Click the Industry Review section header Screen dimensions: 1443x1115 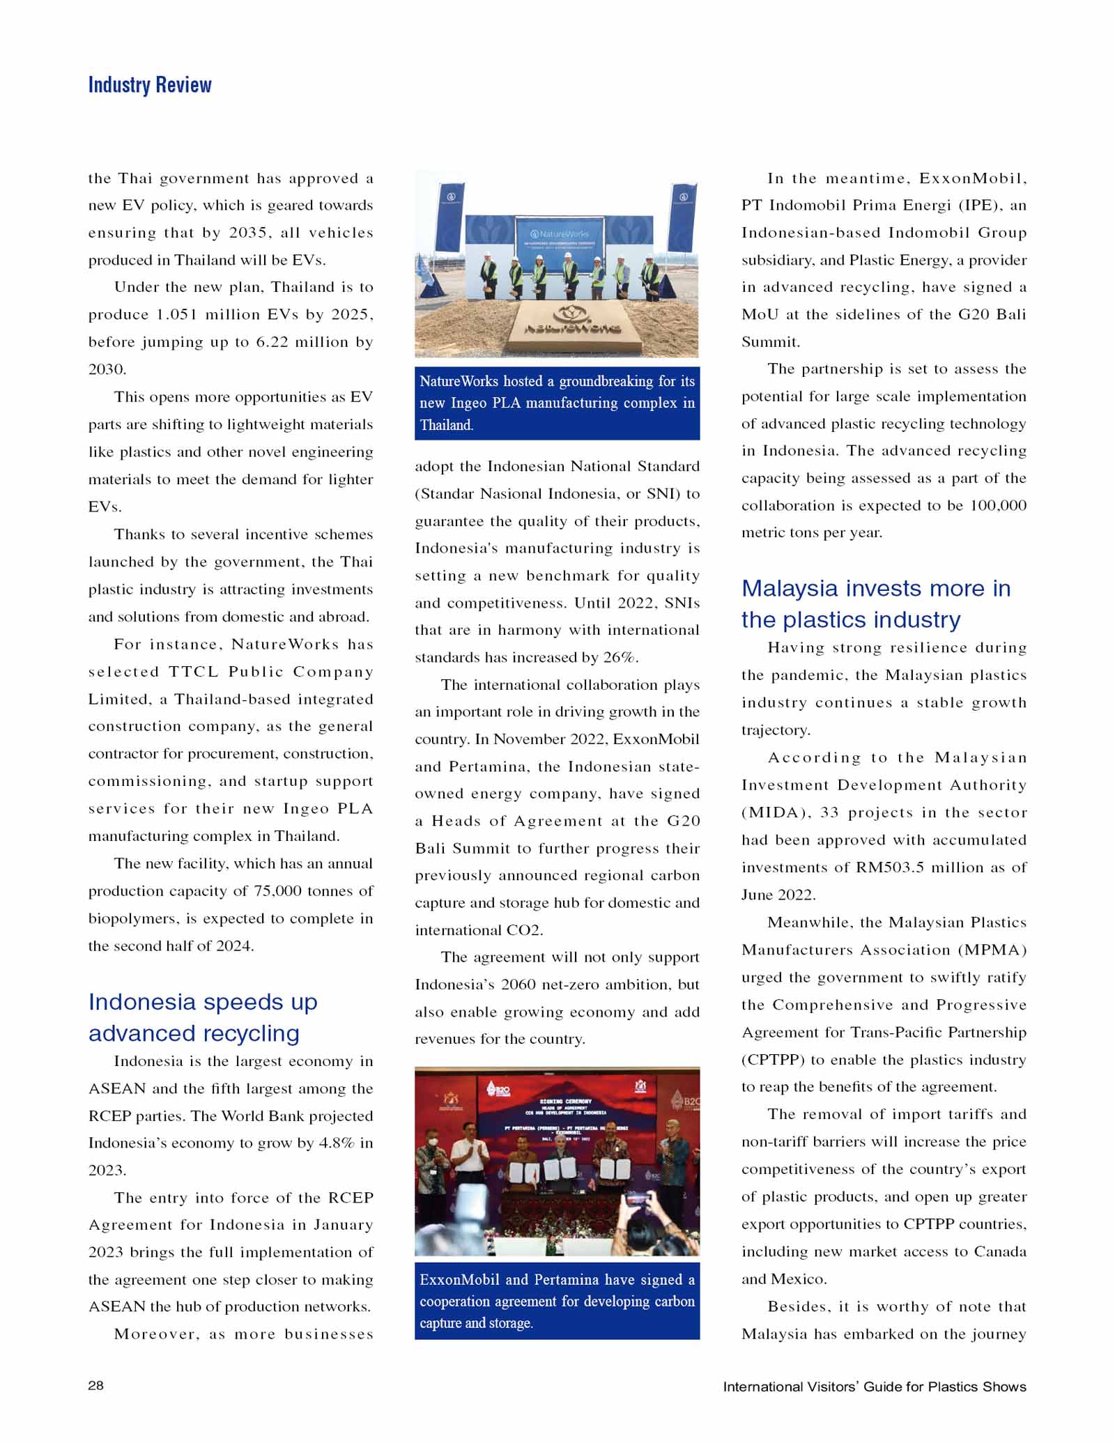click(150, 85)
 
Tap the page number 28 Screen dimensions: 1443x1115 click(96, 1385)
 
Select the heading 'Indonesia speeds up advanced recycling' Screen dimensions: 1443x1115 click(203, 1017)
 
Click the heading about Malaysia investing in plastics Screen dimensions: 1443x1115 click(875, 603)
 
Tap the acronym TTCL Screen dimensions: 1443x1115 click(194, 672)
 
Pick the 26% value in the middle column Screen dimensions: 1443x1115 click(620, 657)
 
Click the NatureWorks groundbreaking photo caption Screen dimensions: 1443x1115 click(557, 403)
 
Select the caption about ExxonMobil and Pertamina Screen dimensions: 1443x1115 click(557, 1301)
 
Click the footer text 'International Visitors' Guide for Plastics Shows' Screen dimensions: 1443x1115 click(874, 1387)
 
